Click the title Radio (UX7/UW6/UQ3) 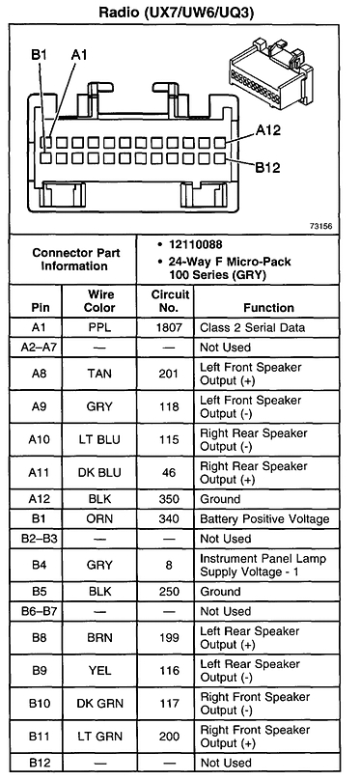pos(180,13)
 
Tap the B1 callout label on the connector pos(38,56)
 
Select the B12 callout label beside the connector pos(268,167)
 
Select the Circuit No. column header pos(169,300)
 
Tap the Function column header pos(268,308)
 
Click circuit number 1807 pos(169,328)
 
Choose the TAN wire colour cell pos(99,374)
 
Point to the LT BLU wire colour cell pos(99,439)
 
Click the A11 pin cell pos(42,472)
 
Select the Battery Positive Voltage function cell pos(263,519)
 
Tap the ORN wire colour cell pos(99,519)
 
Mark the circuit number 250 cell pos(169,592)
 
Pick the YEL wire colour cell pos(99,671)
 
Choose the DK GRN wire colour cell pos(99,704)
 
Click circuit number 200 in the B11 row pos(169,737)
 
